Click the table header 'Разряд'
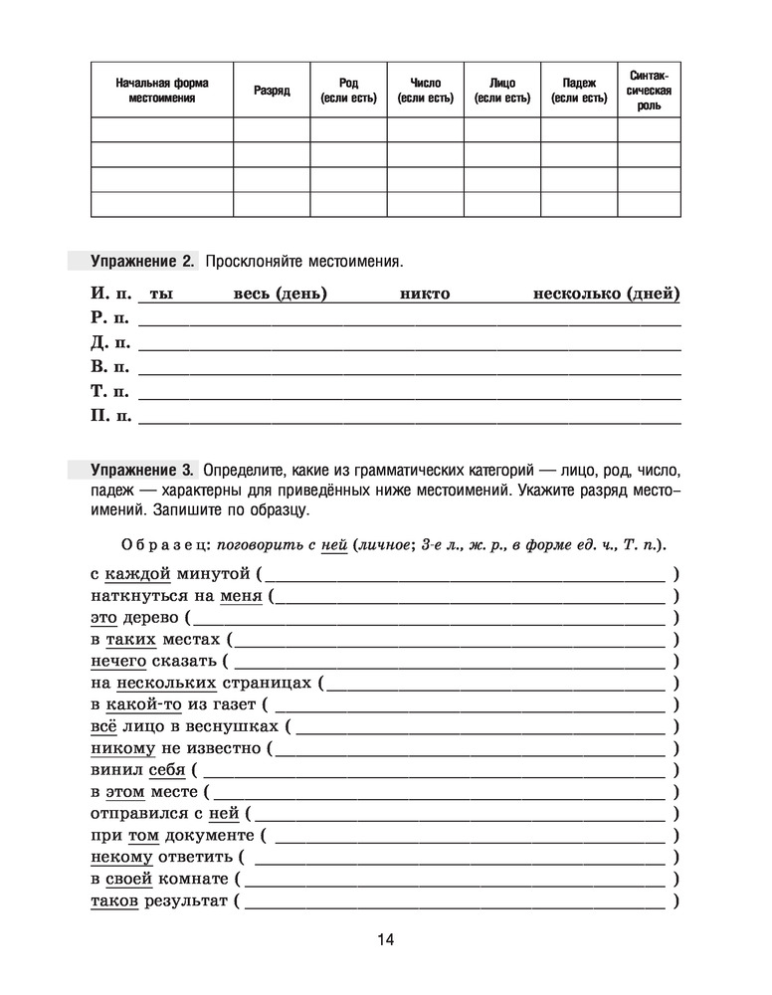(x=272, y=91)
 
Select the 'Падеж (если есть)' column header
(x=579, y=91)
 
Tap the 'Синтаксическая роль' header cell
(x=649, y=91)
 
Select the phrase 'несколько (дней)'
(x=607, y=294)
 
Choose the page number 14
(x=386, y=940)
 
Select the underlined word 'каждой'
(x=138, y=573)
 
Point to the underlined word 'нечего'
(x=118, y=661)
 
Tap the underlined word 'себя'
(x=166, y=770)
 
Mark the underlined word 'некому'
(x=121, y=857)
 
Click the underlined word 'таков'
(x=114, y=901)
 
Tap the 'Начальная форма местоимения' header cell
(x=162, y=91)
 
